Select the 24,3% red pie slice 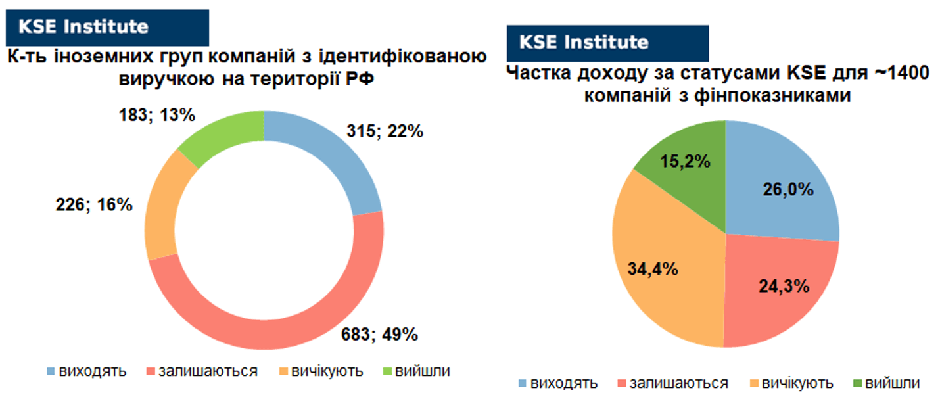point(776,289)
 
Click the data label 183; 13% point(157,115)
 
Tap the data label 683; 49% point(379,335)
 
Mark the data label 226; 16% point(94,204)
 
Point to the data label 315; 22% point(385,131)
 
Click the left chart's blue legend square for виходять point(51,371)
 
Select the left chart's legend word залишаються point(208,371)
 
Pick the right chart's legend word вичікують point(797,383)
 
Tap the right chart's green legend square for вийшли point(858,383)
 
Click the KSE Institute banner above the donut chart point(107,28)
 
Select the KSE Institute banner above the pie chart point(607,43)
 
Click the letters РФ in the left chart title point(360,78)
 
